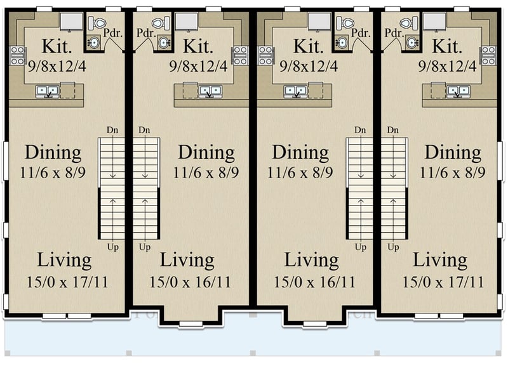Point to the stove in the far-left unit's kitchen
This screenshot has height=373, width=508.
pos(17,56)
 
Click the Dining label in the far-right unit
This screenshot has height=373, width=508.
pos(453,153)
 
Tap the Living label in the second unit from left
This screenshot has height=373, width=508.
pos(187,261)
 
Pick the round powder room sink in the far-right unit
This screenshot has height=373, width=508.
pos(411,43)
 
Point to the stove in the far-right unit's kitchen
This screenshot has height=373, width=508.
pos(488,56)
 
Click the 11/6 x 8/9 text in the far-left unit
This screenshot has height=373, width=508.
pos(53,172)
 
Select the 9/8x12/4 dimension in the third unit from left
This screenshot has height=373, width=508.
pos(301,65)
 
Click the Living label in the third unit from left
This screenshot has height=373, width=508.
pos(311,261)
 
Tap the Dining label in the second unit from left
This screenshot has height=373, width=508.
pos(206,153)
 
